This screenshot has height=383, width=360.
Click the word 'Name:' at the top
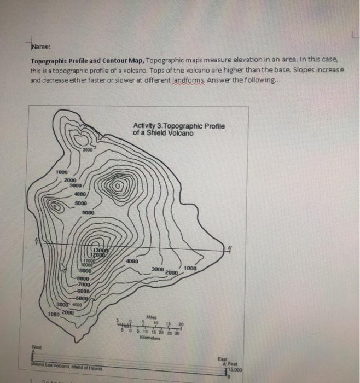click(x=40, y=46)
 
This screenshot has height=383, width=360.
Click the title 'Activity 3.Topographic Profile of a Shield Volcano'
click(x=178, y=130)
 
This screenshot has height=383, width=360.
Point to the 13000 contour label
click(x=100, y=251)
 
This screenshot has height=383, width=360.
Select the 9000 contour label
click(x=85, y=270)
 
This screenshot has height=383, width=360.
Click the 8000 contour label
click(x=83, y=278)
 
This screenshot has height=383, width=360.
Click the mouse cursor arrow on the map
click(x=63, y=268)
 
